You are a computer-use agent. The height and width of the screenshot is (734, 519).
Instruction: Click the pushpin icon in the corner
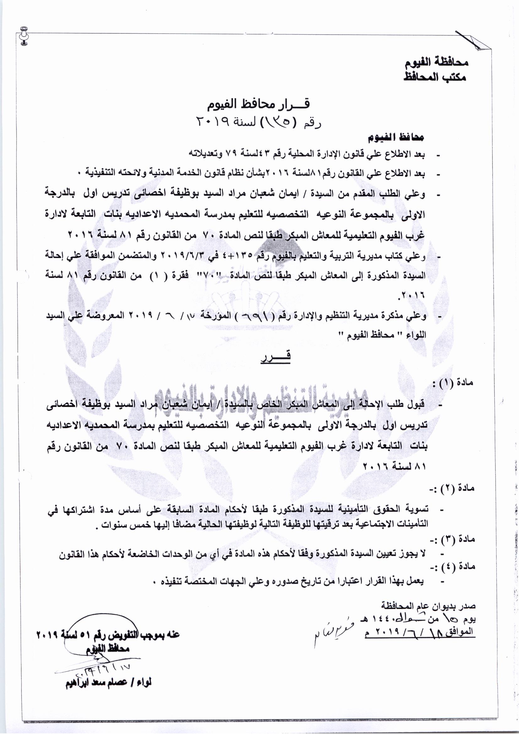pyautogui.click(x=24, y=35)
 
